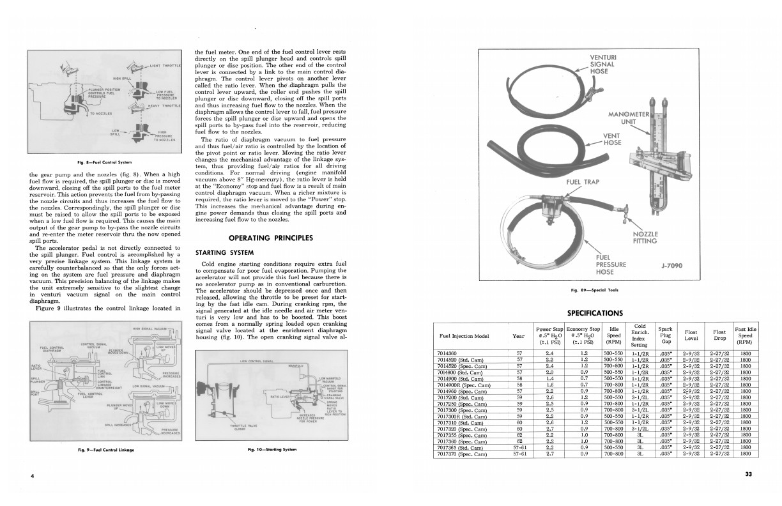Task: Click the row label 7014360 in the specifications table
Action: [447, 353]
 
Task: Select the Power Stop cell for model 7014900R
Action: [549, 385]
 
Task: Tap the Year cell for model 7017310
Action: [519, 422]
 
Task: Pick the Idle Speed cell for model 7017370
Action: [614, 454]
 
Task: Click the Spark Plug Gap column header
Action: [665, 335]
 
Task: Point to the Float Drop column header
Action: [719, 335]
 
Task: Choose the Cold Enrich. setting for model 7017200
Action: [640, 397]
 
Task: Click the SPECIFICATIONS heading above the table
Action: [594, 313]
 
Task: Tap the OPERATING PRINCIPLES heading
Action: [271, 238]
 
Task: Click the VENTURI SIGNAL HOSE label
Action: [602, 64]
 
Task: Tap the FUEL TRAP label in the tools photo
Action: [583, 182]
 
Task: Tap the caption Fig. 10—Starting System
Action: [272, 449]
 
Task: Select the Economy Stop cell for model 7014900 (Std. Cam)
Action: [584, 378]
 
